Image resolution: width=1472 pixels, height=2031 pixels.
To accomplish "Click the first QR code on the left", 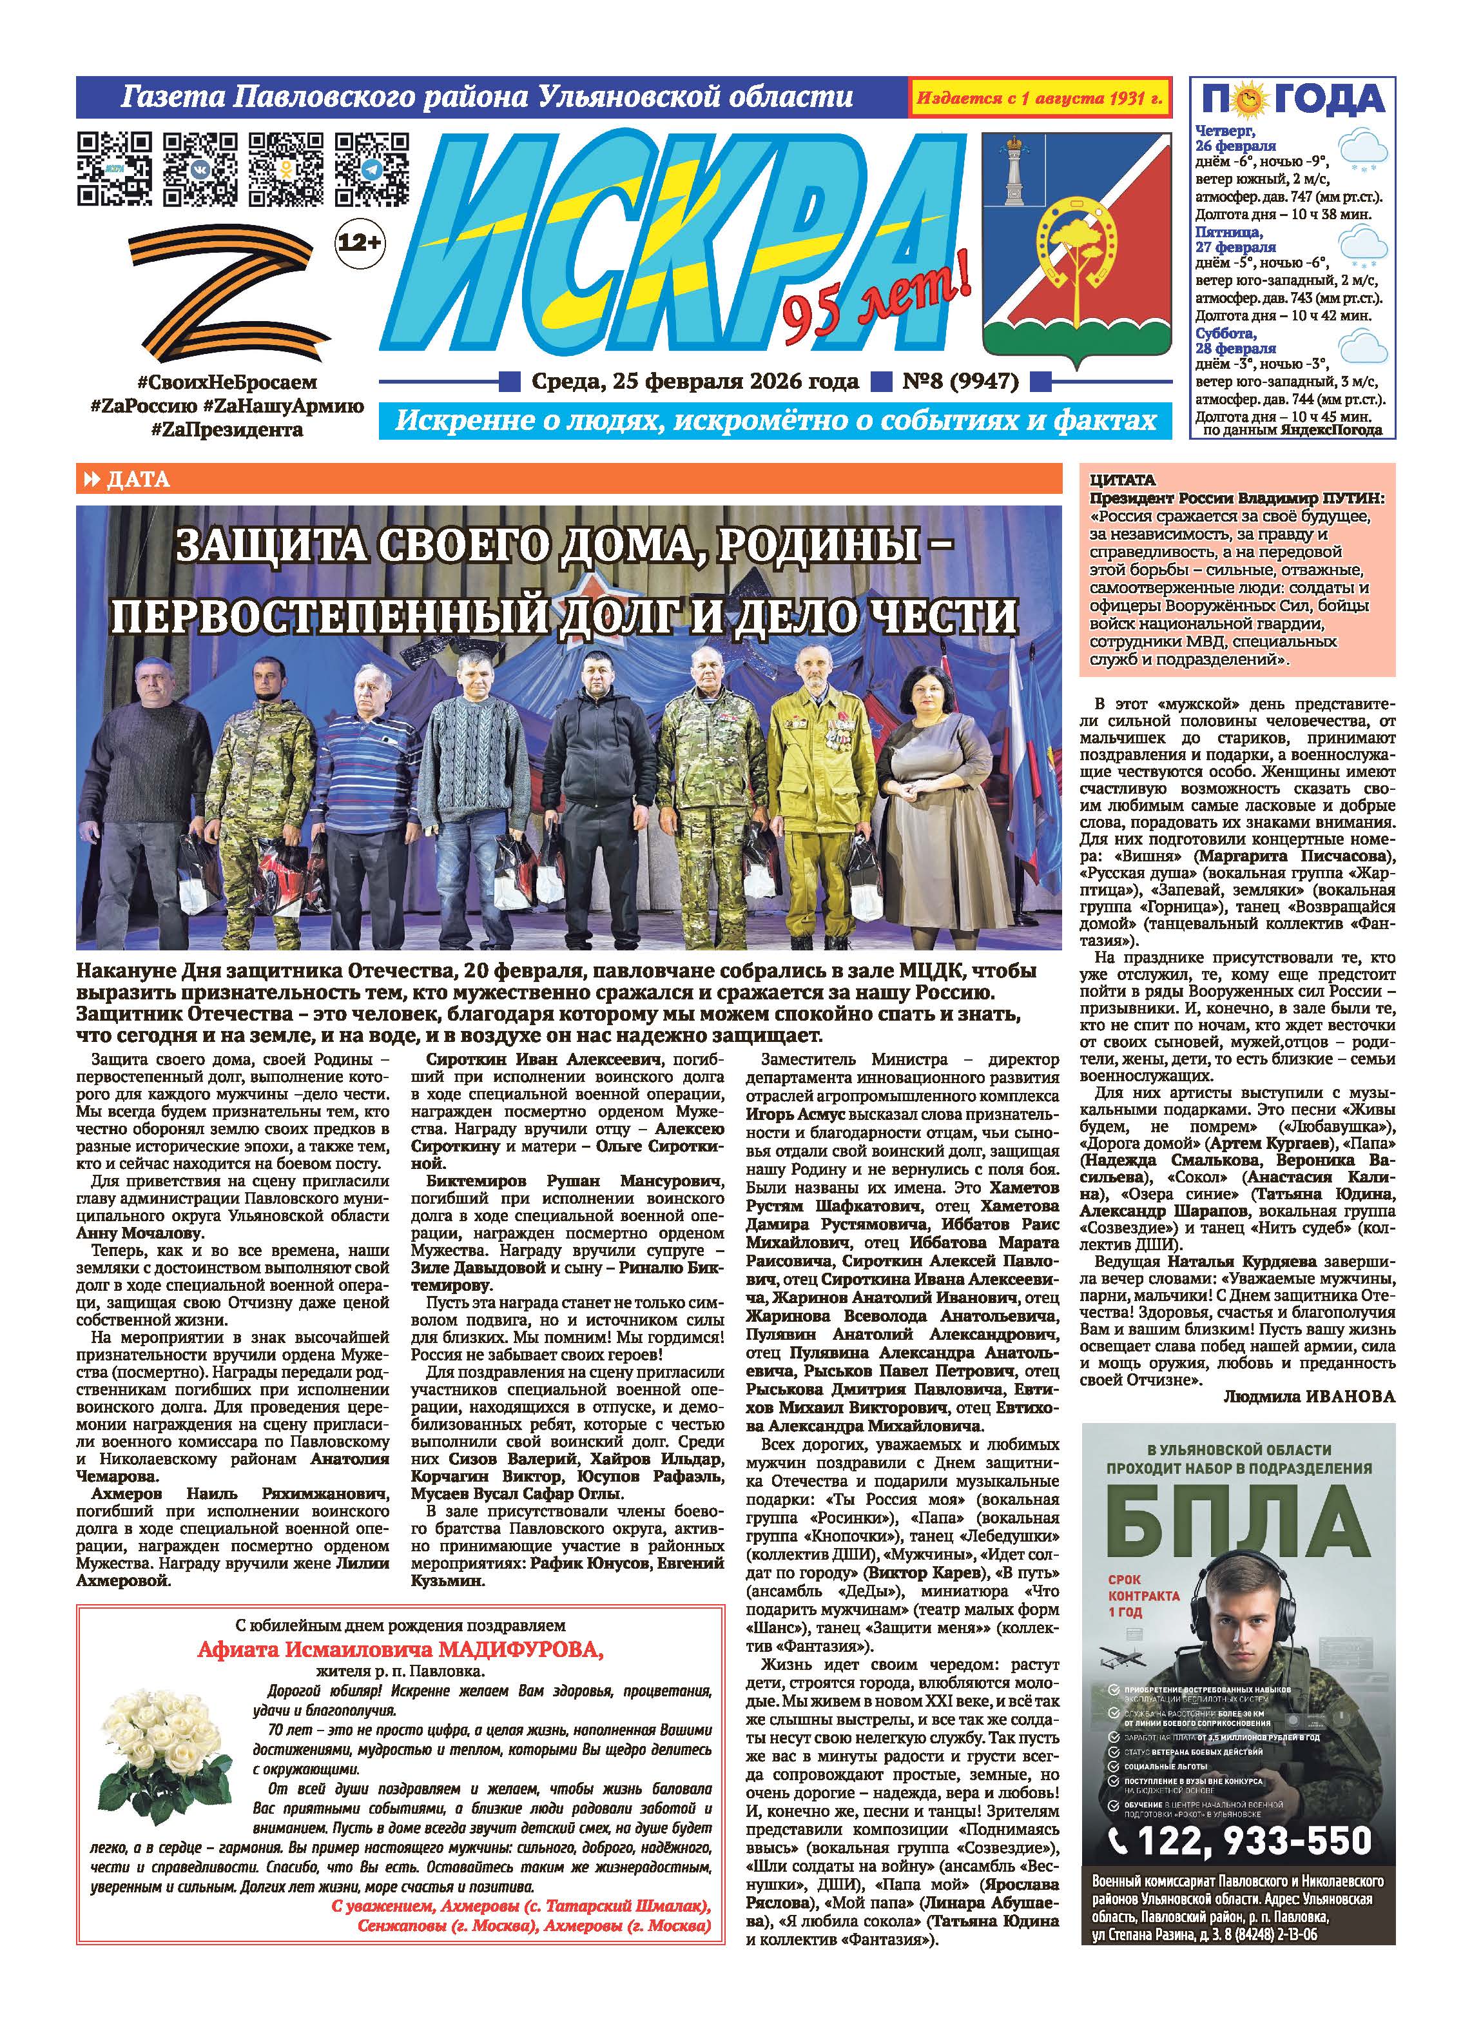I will (113, 168).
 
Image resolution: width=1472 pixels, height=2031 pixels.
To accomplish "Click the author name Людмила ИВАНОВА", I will (1308, 1396).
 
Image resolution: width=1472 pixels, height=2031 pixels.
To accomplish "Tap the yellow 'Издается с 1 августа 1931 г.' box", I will (1040, 97).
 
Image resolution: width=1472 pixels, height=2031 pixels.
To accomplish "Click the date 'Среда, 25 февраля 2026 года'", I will (695, 382).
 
